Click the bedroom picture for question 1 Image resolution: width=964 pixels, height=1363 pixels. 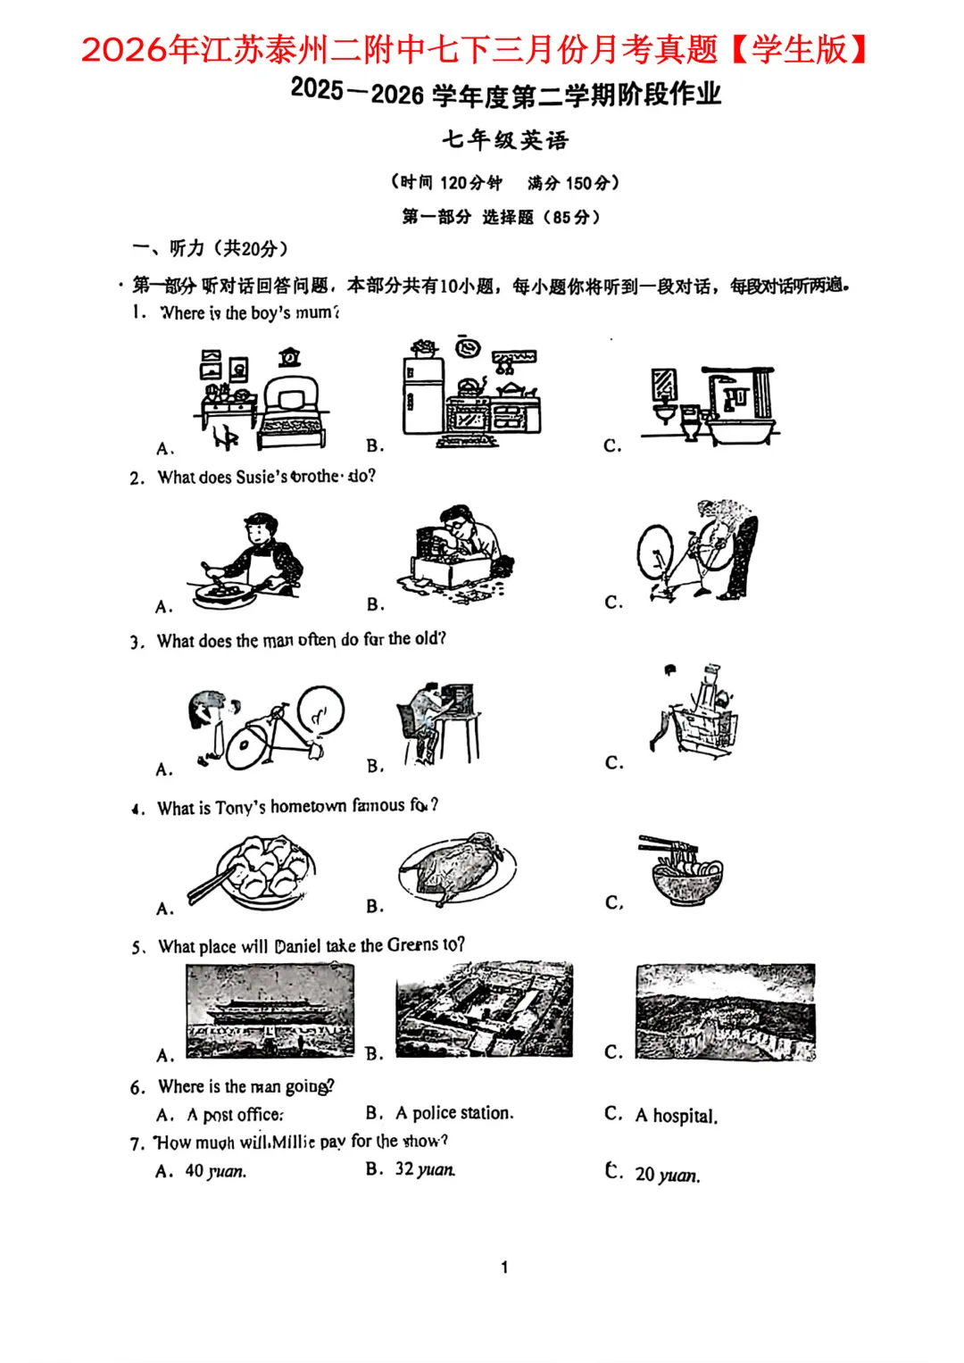click(261, 398)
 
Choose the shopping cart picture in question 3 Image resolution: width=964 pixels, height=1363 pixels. click(697, 711)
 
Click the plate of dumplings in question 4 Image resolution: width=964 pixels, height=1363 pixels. click(253, 872)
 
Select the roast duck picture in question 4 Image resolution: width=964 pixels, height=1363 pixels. click(457, 868)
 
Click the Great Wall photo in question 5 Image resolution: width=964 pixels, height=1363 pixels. click(725, 1011)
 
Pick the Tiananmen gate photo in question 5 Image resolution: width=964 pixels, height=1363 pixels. click(270, 1011)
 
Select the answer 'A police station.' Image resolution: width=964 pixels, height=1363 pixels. click(454, 1113)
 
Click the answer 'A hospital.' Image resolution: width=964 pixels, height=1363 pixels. click(676, 1116)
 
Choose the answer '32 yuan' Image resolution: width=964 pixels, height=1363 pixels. click(425, 1169)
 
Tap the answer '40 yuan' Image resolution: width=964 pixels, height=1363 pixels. click(215, 1171)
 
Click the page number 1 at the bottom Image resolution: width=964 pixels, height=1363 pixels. click(504, 1267)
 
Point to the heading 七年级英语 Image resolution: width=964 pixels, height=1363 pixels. click(505, 140)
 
